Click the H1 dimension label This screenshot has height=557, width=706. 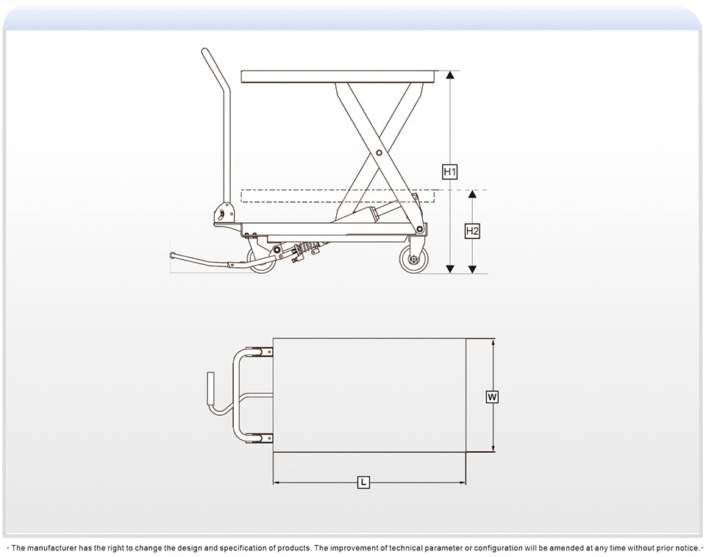point(450,172)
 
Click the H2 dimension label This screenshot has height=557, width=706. point(473,231)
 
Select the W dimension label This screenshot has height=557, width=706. point(493,397)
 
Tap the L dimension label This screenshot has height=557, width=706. point(363,483)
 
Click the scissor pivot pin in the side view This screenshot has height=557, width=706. point(379,152)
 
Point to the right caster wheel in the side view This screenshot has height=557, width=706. point(413,260)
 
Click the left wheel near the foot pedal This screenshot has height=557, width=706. point(261,260)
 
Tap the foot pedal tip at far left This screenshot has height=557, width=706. point(173,255)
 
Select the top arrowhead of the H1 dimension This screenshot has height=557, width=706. point(450,75)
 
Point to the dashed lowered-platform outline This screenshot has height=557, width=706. point(338,196)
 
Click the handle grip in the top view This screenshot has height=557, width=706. point(210,388)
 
